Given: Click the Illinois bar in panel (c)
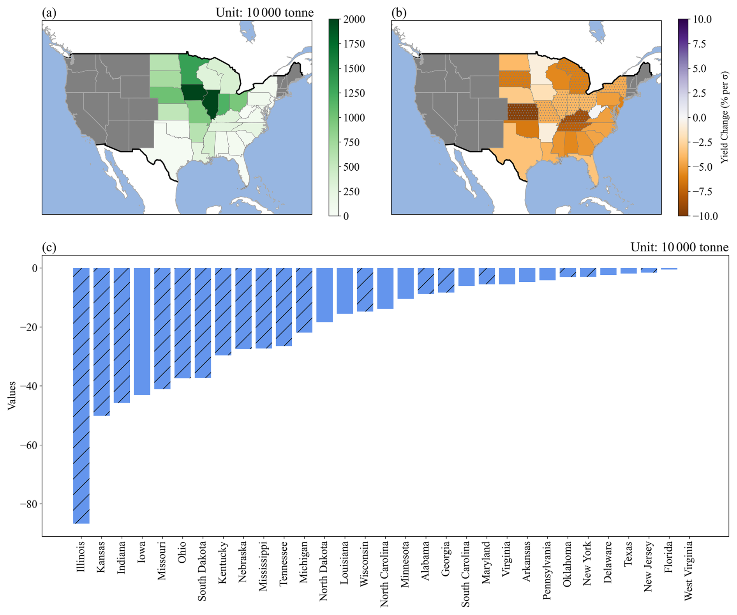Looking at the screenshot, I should pyautogui.click(x=81, y=396).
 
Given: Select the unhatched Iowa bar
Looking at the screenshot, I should pyautogui.click(x=142, y=331).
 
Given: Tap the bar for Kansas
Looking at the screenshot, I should pyautogui.click(x=101, y=342).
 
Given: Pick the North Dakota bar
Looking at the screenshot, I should pyautogui.click(x=324, y=295).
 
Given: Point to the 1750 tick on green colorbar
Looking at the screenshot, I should pyautogui.click(x=354, y=44).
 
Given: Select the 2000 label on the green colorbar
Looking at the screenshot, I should pyautogui.click(x=354, y=19).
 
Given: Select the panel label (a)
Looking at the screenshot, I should pyautogui.click(x=49, y=13).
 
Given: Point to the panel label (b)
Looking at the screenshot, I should pyautogui.click(x=399, y=13).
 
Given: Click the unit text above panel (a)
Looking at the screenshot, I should pyautogui.click(x=264, y=13).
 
